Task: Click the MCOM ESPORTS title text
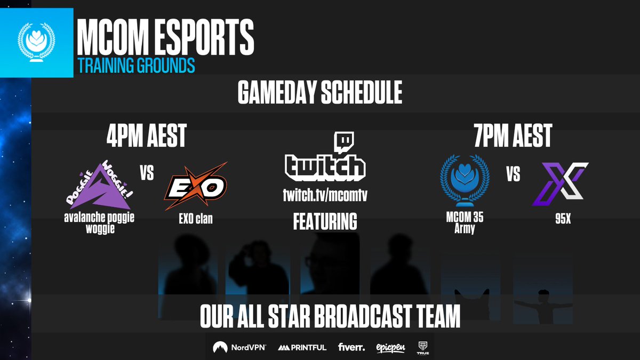coord(165,38)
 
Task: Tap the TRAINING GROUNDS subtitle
coord(136,65)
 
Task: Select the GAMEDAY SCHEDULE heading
coord(319,94)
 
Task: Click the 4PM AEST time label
coord(146,137)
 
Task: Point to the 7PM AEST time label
coord(513,137)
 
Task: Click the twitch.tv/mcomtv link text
coord(325,196)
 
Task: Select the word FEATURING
coord(325,221)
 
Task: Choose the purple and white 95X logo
coord(560,185)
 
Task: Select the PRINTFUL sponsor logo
coord(302,348)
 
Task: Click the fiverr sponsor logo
coord(351,347)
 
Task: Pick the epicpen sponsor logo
coord(390,348)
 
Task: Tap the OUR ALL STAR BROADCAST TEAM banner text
coord(330,317)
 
